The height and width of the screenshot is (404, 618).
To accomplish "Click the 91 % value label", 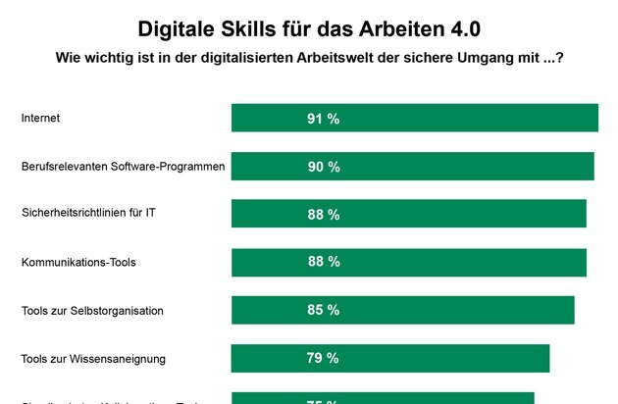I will pyautogui.click(x=323, y=119).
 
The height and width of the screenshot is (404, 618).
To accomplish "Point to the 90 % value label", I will pyautogui.click(x=323, y=167).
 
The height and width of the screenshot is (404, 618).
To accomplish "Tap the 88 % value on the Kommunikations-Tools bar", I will pyautogui.click(x=323, y=262).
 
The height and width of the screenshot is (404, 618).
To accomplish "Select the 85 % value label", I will pyautogui.click(x=323, y=310).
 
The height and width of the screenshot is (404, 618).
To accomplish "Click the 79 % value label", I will pyautogui.click(x=323, y=358).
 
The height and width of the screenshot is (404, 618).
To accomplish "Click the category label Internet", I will pyautogui.click(x=40, y=119).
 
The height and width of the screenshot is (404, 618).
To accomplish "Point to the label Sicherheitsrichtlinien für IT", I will pyautogui.click(x=88, y=215).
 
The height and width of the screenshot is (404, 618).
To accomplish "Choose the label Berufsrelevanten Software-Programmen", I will pyautogui.click(x=124, y=167).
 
